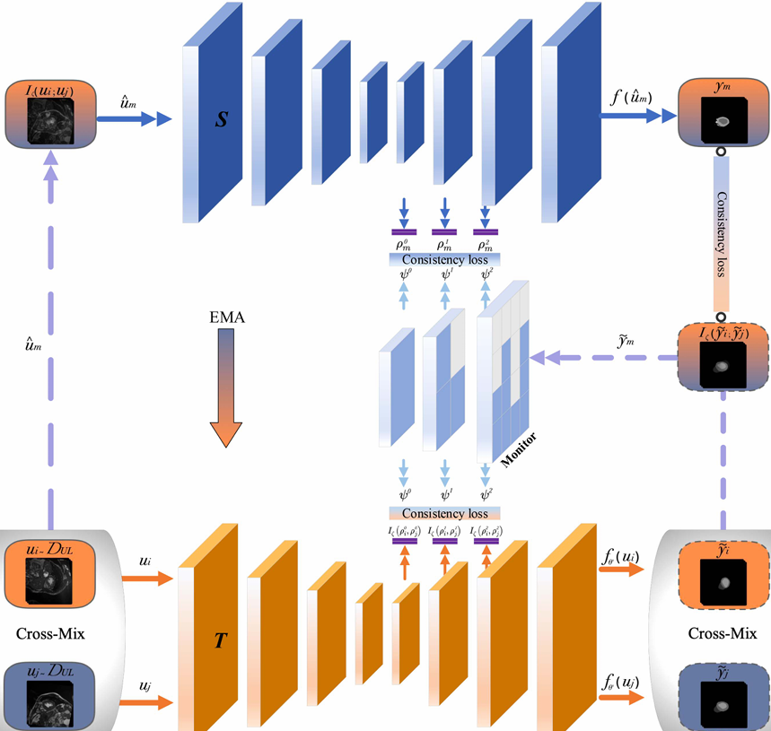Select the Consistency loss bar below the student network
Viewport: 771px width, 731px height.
[x=444, y=258]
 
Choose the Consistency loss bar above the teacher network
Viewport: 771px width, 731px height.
[x=444, y=514]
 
